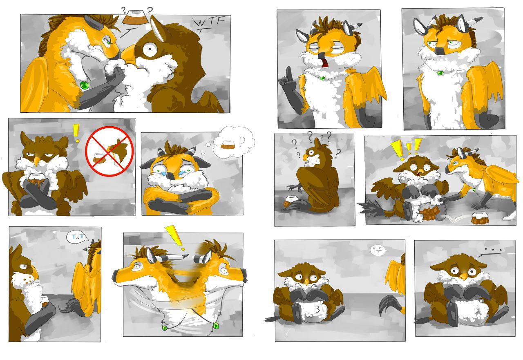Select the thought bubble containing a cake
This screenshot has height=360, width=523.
coord(233,142)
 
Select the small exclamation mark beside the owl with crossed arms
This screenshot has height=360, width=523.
coord(76,133)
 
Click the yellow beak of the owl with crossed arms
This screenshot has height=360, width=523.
coord(37,161)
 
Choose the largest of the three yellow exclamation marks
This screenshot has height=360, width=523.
coord(397,151)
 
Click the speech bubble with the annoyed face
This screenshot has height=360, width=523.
coord(378,250)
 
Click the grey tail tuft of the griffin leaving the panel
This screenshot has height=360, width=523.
coord(388,305)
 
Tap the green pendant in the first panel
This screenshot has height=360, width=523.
coord(85,85)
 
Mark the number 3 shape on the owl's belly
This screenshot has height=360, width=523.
coord(317,310)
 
